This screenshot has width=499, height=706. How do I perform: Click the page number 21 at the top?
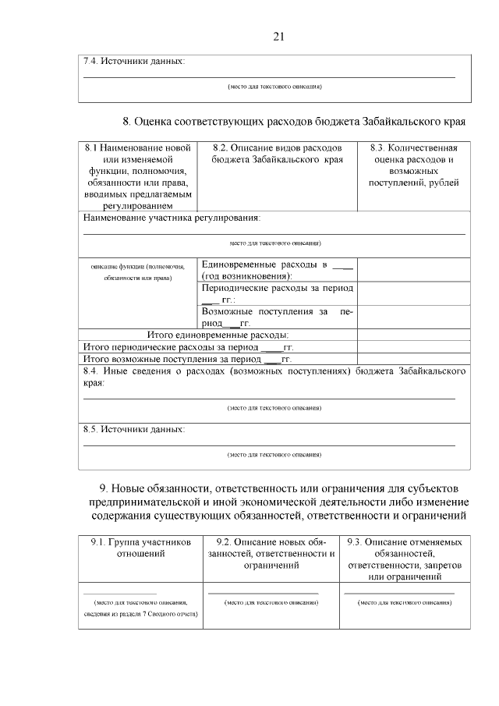tap(281, 35)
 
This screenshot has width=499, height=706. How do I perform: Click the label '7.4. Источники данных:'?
tap(134, 61)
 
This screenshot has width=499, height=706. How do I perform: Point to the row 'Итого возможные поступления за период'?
tap(186, 359)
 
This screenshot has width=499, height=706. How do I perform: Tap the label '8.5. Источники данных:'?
tap(134, 429)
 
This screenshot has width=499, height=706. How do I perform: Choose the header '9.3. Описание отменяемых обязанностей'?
tap(405, 559)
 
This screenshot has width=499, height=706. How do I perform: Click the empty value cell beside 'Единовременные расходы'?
tap(413, 270)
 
